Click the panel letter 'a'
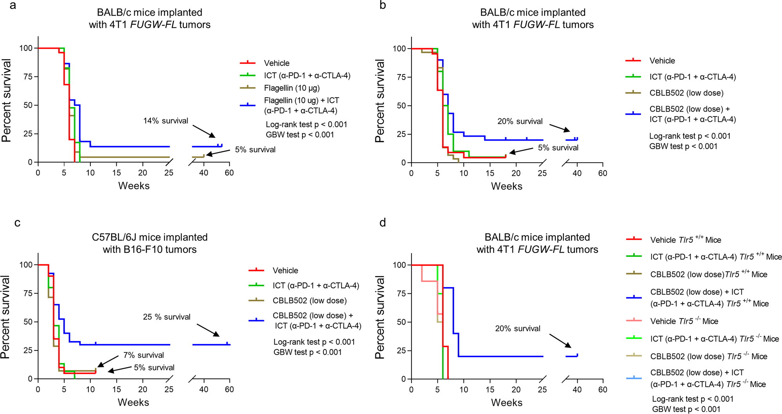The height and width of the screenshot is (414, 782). coord(13,6)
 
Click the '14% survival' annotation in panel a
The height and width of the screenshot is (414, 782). coord(166,121)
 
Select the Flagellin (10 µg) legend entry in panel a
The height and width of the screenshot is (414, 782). coord(292,88)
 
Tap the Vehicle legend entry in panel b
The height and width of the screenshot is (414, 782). coord(662,61)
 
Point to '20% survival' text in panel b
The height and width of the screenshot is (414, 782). coord(520,122)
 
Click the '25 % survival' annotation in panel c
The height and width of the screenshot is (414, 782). coord(166,317)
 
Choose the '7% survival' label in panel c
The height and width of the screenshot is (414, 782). coord(143,355)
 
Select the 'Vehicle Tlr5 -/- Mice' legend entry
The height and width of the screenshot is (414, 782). coord(684,322)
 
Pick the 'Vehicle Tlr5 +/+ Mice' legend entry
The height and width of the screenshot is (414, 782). coord(685,240)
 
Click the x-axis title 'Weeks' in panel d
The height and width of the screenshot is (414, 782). coord(507,403)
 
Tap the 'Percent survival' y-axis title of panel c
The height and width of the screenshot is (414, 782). coord(5,317)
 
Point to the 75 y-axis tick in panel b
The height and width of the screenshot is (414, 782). coord(401,77)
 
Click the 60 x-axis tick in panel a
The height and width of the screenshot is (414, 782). coord(229,173)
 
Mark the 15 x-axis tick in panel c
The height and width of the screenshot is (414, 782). coord(116,389)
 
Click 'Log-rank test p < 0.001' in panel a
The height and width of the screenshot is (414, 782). coord(306,125)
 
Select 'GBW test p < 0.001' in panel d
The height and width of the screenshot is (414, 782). coord(686,409)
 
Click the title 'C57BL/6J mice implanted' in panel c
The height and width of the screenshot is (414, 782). coord(150,237)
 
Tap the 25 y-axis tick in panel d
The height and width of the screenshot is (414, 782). coord(401,351)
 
